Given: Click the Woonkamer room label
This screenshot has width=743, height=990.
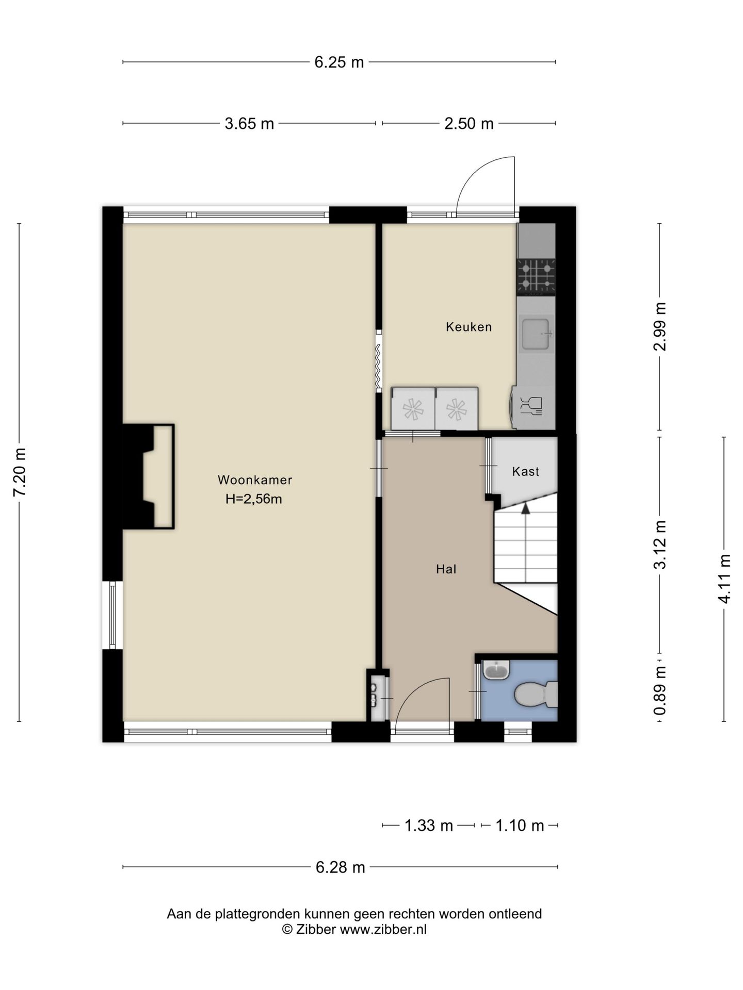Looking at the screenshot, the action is pos(255,480).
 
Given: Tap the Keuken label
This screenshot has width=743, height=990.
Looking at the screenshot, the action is pos(469,327).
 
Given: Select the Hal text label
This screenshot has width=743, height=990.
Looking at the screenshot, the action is pos(446,569).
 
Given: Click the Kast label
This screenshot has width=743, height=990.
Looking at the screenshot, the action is pos(525,471).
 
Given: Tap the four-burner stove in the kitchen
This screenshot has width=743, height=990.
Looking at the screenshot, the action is pos(536,277).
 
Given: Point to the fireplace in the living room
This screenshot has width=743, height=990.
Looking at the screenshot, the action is pos(148,476).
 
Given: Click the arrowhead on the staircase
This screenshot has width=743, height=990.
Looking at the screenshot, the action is pos(525,508).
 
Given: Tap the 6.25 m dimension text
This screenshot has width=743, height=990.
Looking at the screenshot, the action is pos(339,62).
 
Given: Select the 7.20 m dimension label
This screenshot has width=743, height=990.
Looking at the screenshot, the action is pos(20,472).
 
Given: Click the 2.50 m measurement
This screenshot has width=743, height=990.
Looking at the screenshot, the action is pos(469,124).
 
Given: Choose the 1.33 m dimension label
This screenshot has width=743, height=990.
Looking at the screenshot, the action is pos(429,826).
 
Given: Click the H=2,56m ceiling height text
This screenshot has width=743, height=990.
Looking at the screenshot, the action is pos(254,499).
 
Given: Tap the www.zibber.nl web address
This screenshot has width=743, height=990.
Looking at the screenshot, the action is pos(383,930).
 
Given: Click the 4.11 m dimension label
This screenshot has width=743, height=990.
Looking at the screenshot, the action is pos(724,579).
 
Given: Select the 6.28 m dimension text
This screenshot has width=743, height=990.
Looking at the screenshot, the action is pos(341,867).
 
